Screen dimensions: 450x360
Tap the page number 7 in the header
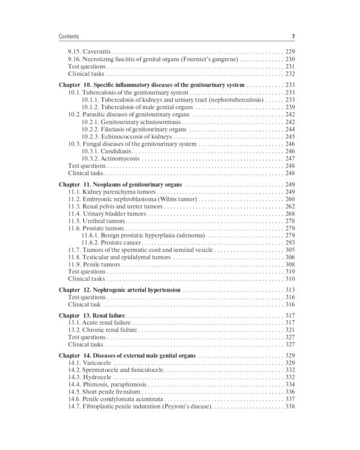pyautogui.click(x=293, y=36)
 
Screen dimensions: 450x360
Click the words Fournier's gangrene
pyautogui.click(x=213, y=60)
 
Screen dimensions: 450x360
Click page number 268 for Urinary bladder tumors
pyautogui.click(x=290, y=214)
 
